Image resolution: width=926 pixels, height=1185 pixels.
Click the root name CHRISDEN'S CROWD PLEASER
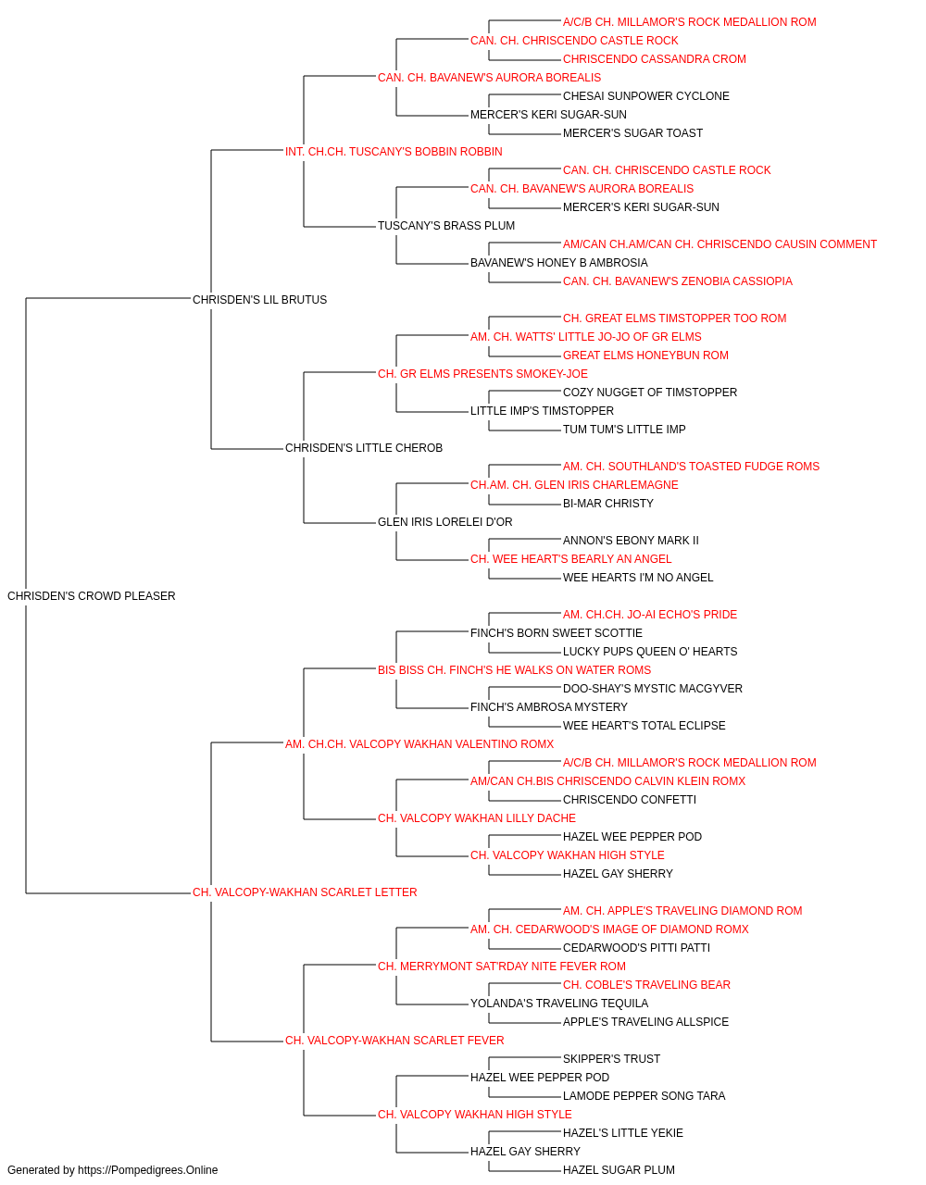pos(91,595)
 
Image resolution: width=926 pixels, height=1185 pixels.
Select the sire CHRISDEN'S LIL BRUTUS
pos(259,299)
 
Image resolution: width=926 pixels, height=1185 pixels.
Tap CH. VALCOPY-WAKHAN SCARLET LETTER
pos(305,892)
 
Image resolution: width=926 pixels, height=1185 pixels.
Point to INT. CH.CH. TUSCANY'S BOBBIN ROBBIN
pos(394,152)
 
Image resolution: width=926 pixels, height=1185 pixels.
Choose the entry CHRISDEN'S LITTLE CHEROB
pos(364,448)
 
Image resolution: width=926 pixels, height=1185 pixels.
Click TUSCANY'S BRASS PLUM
pos(446,225)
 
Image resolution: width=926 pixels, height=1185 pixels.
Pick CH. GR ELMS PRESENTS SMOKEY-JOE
pos(482,373)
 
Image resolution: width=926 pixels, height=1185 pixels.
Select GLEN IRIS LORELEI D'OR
pos(445,522)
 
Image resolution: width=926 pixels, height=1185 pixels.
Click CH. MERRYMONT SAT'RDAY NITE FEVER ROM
pos(502,967)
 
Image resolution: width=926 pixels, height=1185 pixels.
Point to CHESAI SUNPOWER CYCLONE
pos(645,96)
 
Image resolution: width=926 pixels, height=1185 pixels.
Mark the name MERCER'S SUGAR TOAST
pos(632,133)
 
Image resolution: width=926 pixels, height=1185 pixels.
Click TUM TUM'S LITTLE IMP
pos(624,430)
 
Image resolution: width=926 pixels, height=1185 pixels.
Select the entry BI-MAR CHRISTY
pos(608,504)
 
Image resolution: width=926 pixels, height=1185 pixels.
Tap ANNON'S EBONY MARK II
pos(631,541)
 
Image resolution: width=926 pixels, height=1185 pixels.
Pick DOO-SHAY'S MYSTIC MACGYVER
pos(652,688)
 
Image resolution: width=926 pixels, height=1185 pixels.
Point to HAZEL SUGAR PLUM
pos(619,1170)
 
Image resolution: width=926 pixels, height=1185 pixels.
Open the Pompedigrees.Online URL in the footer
pos(148,1170)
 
